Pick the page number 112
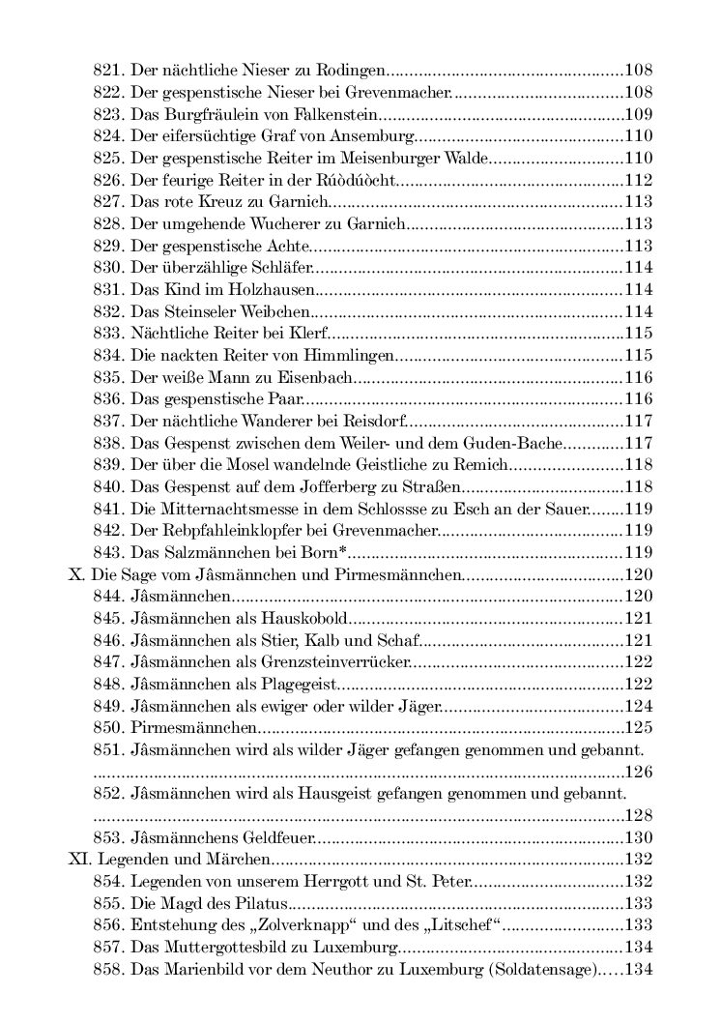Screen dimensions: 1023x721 pyautogui.click(x=639, y=181)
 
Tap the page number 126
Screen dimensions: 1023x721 pyautogui.click(x=639, y=771)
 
